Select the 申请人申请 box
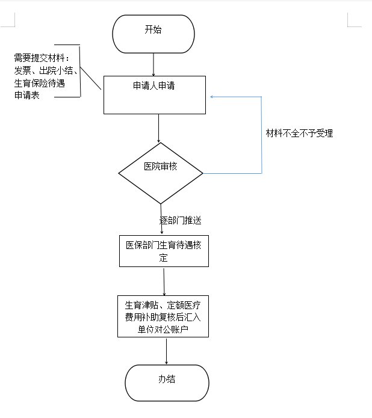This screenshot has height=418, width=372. tap(155, 94)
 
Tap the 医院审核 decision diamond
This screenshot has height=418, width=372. tap(160, 173)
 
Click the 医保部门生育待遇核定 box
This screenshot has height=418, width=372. tap(164, 250)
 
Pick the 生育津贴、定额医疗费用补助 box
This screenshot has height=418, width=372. tap(163, 316)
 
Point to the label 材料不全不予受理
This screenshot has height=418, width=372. tap(299, 134)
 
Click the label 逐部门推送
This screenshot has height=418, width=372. tap(180, 221)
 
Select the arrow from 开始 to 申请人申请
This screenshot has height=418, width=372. tap(154, 64)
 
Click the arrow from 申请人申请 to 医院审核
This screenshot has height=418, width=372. tap(158, 128)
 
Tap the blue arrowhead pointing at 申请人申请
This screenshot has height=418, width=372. tap(212, 96)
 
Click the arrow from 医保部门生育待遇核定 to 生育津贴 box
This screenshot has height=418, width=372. tap(164, 281)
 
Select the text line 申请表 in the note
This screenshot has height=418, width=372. tap(27, 96)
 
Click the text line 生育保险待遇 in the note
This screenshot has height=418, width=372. tap(39, 83)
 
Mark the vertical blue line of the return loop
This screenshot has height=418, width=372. tap(262, 135)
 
